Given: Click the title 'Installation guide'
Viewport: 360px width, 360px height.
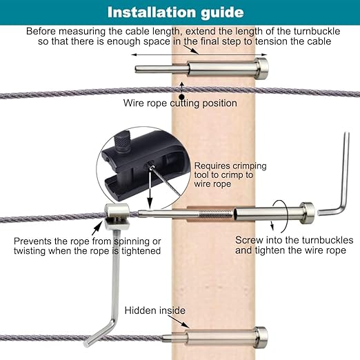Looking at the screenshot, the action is [x=175, y=12].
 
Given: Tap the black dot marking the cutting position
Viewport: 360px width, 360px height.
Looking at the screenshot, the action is [x=182, y=97].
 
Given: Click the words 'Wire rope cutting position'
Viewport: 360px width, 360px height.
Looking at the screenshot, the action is [x=180, y=103].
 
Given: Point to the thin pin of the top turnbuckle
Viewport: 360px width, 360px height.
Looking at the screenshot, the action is [x=161, y=69].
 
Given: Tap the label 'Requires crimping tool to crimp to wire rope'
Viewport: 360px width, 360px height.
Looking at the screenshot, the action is [x=230, y=174].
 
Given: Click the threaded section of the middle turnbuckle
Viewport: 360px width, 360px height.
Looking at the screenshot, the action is [x=216, y=215].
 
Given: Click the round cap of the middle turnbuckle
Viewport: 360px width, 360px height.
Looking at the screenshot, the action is [x=307, y=213].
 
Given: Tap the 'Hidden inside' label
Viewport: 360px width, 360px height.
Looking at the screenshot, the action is [x=155, y=310].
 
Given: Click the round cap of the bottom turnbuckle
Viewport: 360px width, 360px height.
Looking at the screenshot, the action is [x=261, y=337].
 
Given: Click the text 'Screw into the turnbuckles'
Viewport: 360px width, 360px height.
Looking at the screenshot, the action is [x=294, y=240].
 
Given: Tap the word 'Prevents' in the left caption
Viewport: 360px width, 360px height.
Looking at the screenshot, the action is [x=32, y=241].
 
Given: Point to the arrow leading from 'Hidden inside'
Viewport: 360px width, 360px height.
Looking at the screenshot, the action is [x=179, y=321].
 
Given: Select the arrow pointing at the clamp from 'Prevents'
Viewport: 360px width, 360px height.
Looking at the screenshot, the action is [x=97, y=228].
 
